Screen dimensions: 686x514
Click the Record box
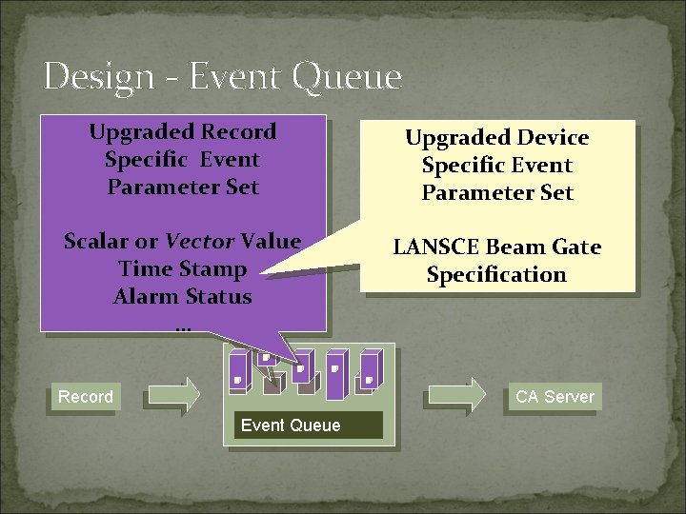tap(85, 397)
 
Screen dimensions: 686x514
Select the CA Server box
tap(555, 397)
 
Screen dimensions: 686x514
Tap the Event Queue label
tap(291, 425)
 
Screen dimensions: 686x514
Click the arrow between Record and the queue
tap(172, 394)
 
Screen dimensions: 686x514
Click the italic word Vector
tap(200, 242)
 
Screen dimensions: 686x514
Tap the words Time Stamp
tap(182, 269)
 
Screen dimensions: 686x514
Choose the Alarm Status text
tap(182, 297)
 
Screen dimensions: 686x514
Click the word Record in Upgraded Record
tap(242, 132)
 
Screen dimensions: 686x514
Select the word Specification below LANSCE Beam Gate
tap(496, 275)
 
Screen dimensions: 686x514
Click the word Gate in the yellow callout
tap(575, 247)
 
